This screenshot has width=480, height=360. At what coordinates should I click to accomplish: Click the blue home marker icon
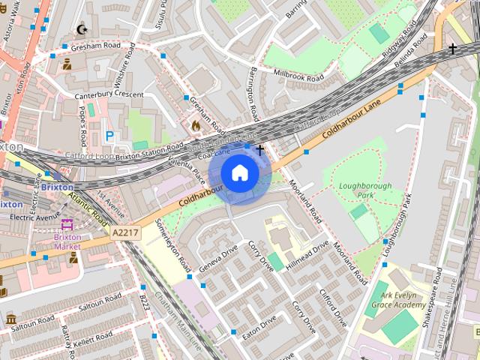[x=239, y=172]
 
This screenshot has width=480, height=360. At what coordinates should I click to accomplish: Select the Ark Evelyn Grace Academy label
[x=397, y=300]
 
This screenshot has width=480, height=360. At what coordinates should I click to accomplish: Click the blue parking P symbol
[x=110, y=136]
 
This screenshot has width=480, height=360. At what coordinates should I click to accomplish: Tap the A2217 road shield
[x=125, y=233]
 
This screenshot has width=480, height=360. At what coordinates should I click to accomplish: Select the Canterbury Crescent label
[x=108, y=94]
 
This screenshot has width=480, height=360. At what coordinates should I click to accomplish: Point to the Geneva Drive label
[x=219, y=256]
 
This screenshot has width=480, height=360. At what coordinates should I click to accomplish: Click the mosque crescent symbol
[x=82, y=30]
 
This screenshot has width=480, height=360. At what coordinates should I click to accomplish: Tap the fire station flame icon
[x=196, y=125]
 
